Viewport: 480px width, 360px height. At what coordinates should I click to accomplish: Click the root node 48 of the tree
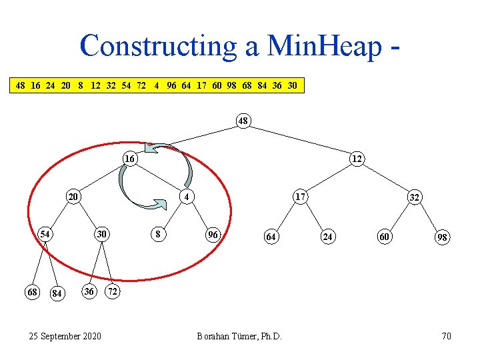243,121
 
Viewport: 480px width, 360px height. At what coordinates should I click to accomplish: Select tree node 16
130,159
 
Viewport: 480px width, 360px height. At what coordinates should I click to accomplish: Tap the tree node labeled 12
357,159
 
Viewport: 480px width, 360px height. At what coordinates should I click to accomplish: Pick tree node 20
73,197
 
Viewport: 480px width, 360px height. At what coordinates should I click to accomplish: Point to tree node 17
301,197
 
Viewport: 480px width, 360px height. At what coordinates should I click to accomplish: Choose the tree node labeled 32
415,197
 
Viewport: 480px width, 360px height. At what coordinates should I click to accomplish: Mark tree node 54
45,234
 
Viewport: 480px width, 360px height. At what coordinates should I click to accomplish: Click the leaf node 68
31,292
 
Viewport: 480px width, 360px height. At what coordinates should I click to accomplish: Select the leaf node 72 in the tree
113,292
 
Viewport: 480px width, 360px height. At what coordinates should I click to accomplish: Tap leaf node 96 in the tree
213,235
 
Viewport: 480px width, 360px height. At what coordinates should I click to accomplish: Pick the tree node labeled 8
157,234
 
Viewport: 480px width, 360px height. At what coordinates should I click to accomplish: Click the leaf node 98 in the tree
442,237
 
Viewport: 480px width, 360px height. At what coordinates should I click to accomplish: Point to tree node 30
101,234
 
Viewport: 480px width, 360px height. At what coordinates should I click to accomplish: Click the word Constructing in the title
156,45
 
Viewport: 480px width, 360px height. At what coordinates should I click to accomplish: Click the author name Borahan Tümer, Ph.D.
239,336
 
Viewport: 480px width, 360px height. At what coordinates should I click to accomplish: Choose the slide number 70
446,336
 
